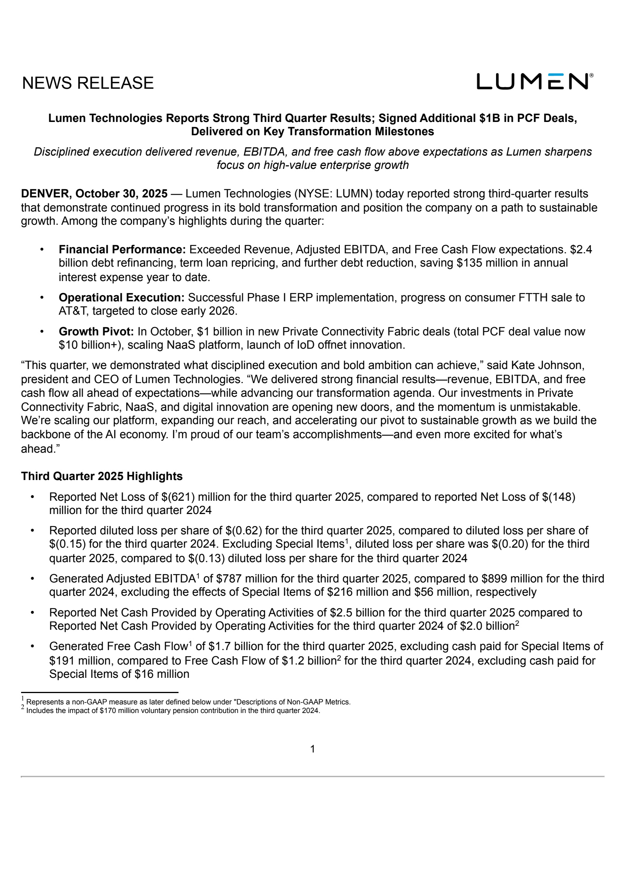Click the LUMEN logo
point(534,81)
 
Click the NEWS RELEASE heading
point(88,83)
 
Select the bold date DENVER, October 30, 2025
point(94,193)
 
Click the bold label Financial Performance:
point(122,249)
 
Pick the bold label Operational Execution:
point(121,298)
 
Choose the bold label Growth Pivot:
point(96,331)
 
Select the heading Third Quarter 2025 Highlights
point(102,476)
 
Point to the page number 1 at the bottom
point(312,749)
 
